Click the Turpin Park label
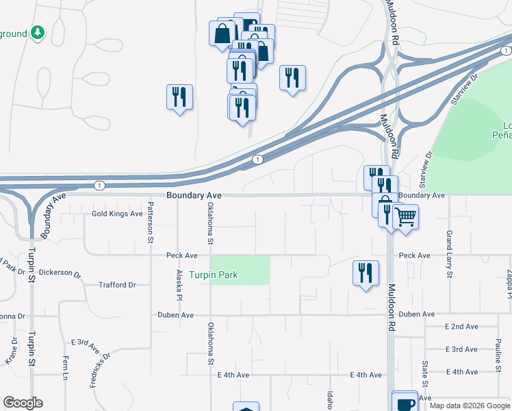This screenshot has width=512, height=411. (x=214, y=275)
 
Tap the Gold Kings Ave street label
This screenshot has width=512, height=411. (x=117, y=214)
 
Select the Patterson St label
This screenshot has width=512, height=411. (x=150, y=222)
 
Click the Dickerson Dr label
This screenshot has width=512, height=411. (x=60, y=273)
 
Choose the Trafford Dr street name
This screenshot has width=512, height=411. (x=117, y=285)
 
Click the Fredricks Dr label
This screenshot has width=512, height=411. (x=99, y=370)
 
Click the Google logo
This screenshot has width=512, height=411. (x=23, y=403)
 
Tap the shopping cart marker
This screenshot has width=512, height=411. (x=405, y=217)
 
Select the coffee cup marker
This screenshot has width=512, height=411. (x=405, y=402)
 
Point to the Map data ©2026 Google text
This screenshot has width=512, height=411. (x=469, y=406)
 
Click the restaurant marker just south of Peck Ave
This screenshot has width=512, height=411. (x=366, y=273)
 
